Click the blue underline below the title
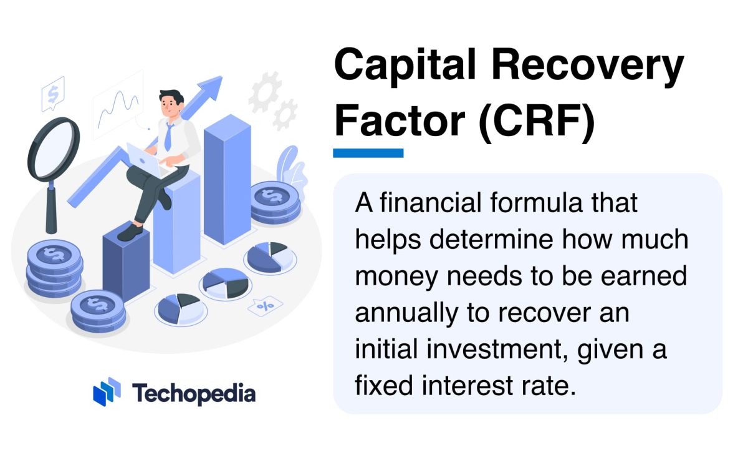368,153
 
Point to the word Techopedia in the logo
194,393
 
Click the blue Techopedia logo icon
107,391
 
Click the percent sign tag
264,306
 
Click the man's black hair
171,97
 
